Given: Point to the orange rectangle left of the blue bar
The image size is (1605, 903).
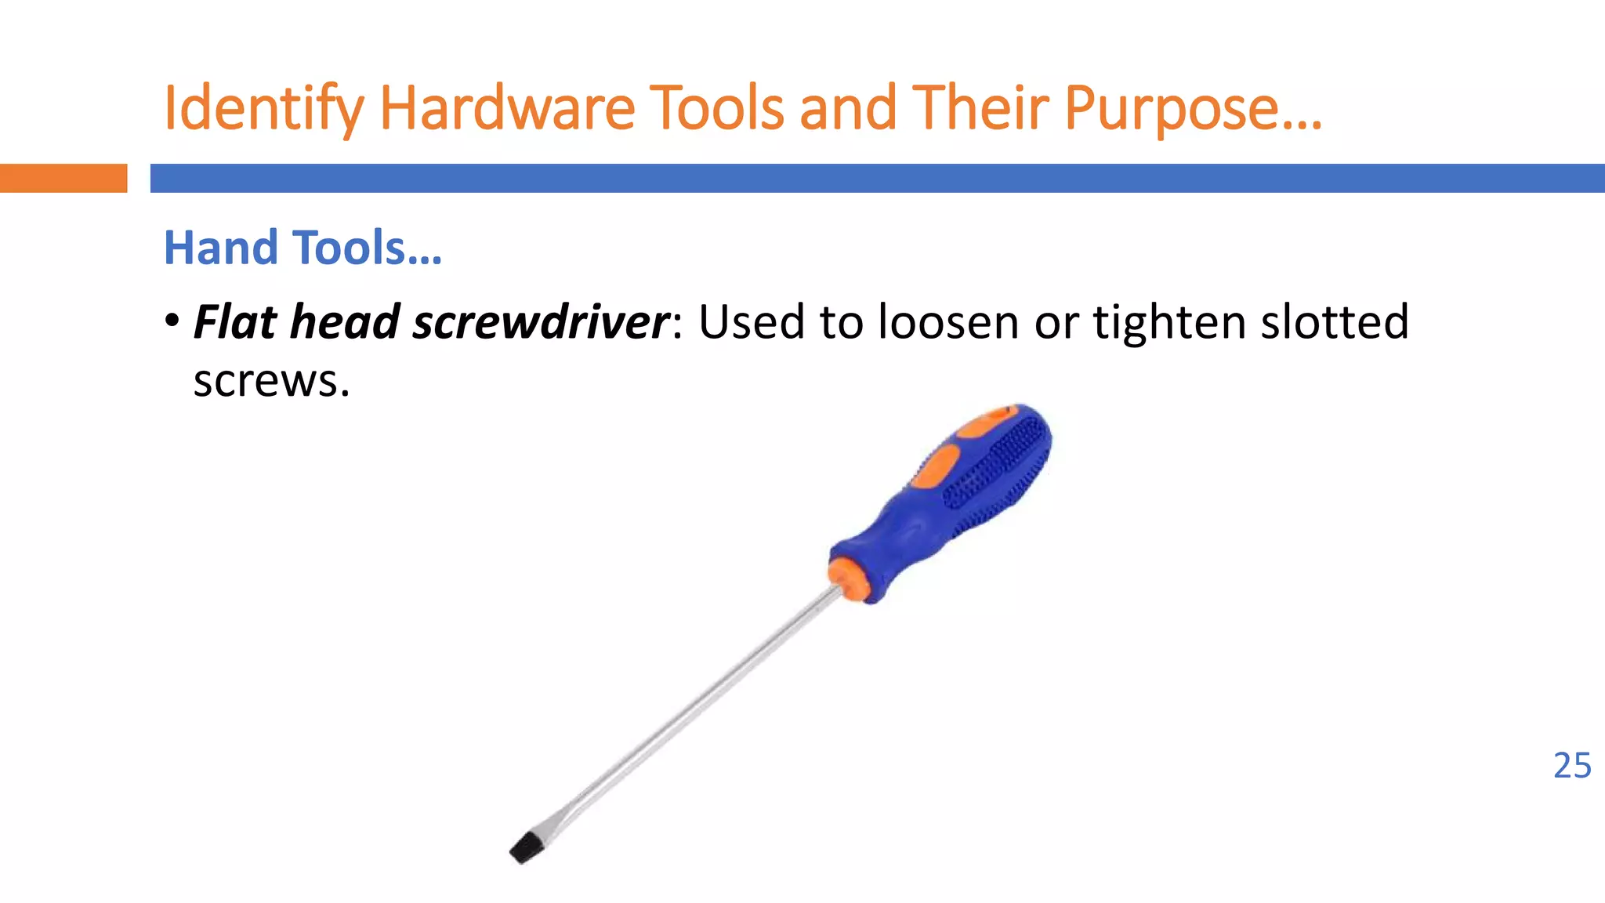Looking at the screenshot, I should [x=63, y=178].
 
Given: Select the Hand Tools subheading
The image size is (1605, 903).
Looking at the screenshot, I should [x=303, y=248].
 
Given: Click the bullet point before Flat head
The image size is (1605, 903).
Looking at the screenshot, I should [x=172, y=321].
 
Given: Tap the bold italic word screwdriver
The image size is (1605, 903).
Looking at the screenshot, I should [x=541, y=322].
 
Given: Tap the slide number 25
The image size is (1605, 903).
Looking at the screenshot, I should [x=1571, y=766].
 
